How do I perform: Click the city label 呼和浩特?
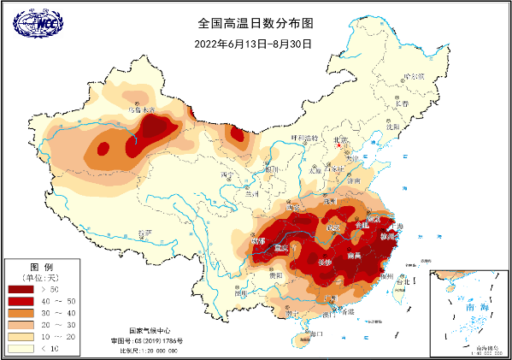pyautogui.click(x=303, y=138)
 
